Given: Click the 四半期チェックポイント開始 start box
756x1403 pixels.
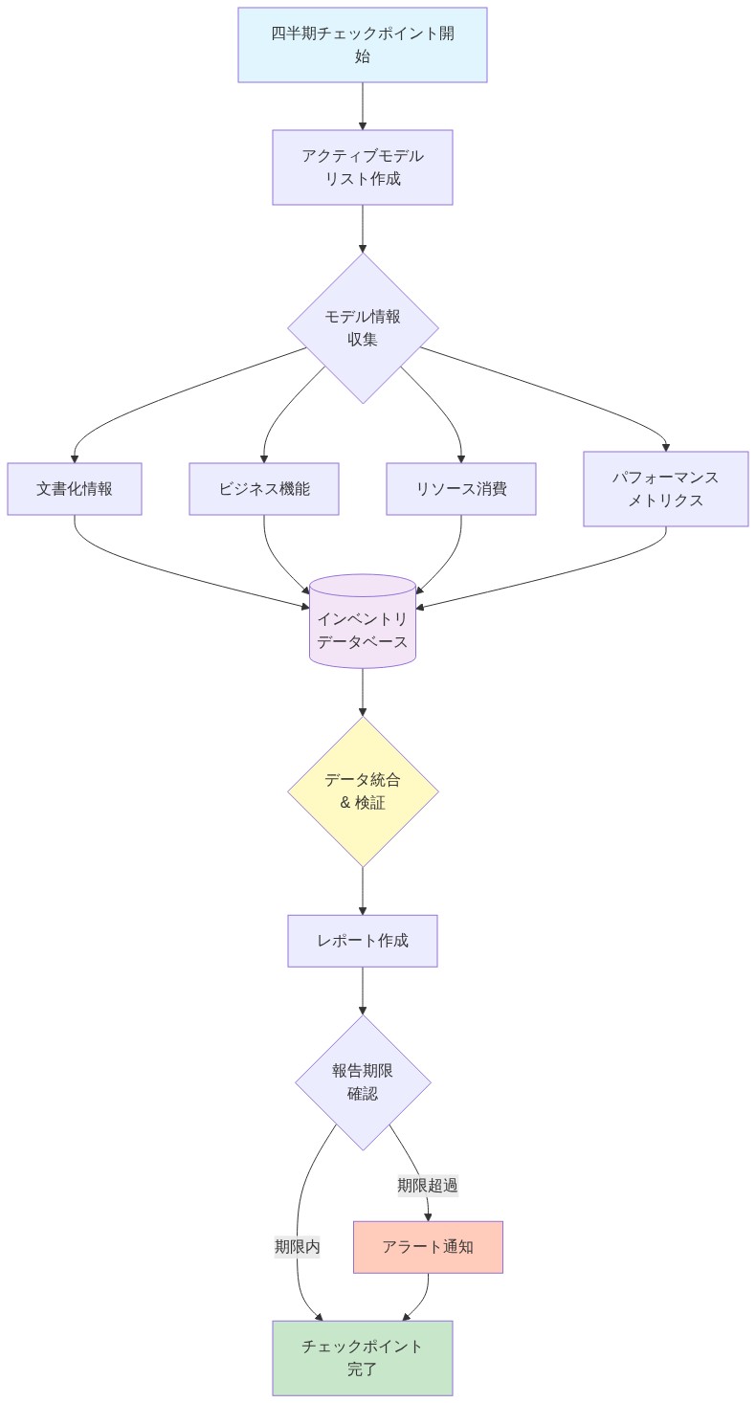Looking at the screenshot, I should [x=363, y=45].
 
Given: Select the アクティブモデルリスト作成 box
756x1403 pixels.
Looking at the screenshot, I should [x=363, y=167].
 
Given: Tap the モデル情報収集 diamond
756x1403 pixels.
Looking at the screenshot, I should [x=363, y=327].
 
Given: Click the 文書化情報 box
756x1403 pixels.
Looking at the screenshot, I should [x=75, y=489].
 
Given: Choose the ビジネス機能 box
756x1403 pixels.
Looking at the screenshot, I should [x=264, y=489].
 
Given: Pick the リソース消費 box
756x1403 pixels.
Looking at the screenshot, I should [x=461, y=489].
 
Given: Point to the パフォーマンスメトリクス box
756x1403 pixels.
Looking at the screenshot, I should [x=666, y=489].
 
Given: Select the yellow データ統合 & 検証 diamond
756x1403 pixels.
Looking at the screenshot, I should [x=363, y=791].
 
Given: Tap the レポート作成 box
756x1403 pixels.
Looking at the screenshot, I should [x=363, y=941].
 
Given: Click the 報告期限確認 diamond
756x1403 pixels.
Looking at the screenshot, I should [x=363, y=1082].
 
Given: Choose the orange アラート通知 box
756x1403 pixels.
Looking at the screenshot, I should [x=428, y=1247].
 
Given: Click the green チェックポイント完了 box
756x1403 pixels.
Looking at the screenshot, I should [x=363, y=1358].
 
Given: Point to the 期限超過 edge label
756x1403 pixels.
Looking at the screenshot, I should [x=428, y=1185].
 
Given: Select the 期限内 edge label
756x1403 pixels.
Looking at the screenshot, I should [x=298, y=1247].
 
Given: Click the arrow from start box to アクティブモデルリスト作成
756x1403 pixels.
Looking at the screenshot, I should [x=363, y=106].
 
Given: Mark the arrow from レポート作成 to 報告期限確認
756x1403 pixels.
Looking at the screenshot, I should [x=363, y=991].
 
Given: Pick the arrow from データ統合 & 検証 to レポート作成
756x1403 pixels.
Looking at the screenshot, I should [x=363, y=891].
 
